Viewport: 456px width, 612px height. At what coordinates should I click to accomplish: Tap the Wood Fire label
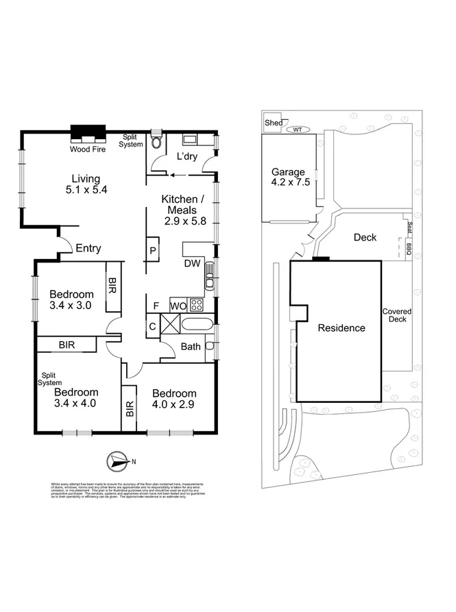click(x=87, y=149)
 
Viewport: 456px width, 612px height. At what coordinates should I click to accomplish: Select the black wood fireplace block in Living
click(x=87, y=132)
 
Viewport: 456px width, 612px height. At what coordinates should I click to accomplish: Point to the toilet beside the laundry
click(x=157, y=142)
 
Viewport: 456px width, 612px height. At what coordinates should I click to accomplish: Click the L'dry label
click(x=187, y=157)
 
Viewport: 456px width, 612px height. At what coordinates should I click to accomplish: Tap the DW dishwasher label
click(x=192, y=264)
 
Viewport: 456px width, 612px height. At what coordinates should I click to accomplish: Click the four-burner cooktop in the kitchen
click(x=197, y=304)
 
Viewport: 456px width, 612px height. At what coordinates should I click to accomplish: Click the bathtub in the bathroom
click(x=197, y=325)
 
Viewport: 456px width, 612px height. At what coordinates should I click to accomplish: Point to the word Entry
click(x=89, y=248)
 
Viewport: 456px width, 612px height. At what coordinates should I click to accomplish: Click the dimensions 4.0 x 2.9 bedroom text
click(x=174, y=405)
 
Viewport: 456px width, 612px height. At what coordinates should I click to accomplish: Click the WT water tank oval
click(x=298, y=128)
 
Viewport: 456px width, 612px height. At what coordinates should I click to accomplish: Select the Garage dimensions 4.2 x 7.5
click(x=287, y=183)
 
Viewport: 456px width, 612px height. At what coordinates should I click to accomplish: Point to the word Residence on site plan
click(x=341, y=328)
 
